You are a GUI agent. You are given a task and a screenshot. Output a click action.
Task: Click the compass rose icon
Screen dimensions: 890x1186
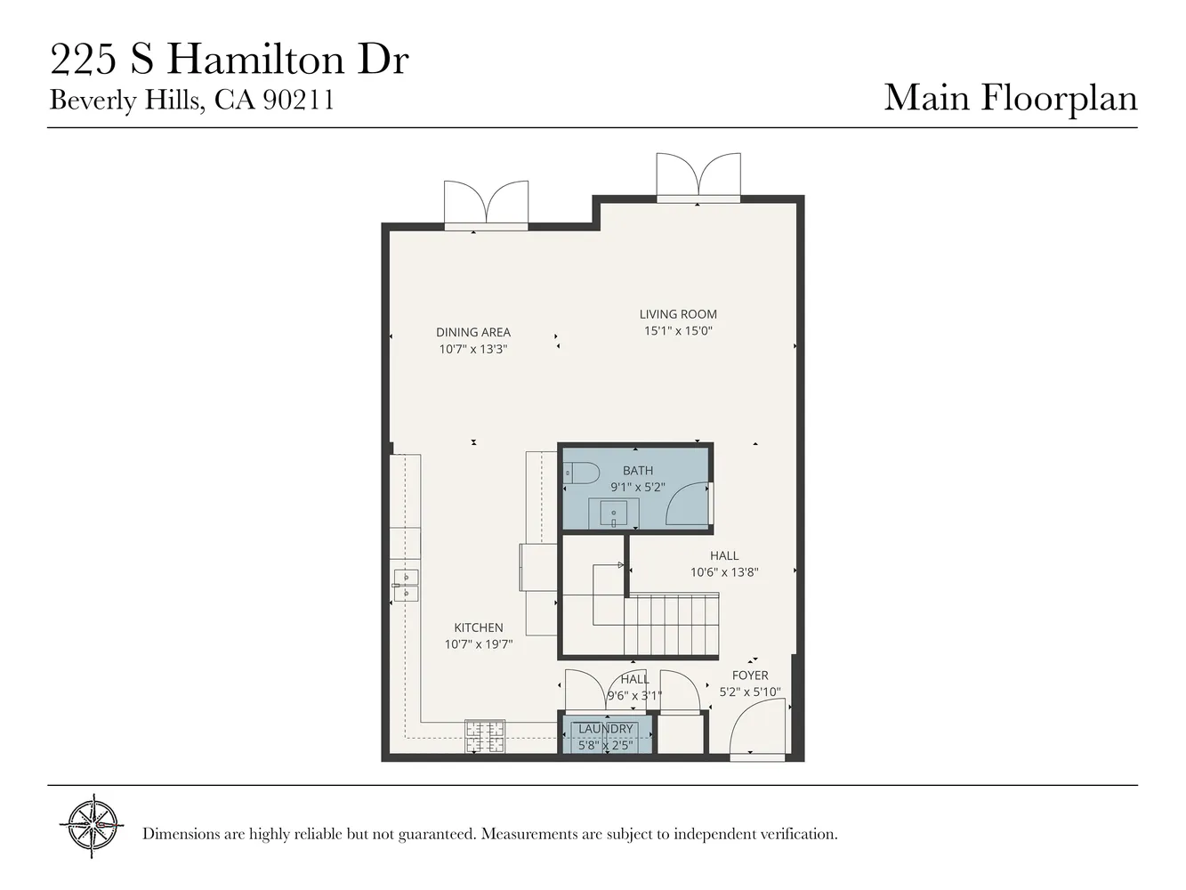point(92,826)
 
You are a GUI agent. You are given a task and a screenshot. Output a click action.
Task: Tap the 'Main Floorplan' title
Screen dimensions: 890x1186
point(1010,97)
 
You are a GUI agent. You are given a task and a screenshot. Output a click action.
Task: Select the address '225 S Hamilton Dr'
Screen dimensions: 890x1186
point(229,61)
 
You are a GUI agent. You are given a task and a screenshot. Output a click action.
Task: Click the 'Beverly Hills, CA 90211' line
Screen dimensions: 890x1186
point(191,100)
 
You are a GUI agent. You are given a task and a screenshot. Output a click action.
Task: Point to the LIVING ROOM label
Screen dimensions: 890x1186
point(678,314)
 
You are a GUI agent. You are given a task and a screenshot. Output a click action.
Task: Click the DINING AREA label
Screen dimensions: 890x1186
point(473,333)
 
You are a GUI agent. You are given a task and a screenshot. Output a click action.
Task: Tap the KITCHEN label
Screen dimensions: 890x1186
point(479,628)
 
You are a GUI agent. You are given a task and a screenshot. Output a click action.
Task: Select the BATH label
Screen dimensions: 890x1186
point(638,471)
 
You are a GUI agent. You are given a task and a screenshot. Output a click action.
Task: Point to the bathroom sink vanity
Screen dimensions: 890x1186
point(614,514)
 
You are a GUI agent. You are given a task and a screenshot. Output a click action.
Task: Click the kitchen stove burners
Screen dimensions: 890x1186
point(485,735)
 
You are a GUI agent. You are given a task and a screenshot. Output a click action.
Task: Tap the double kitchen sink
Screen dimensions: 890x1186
point(406,585)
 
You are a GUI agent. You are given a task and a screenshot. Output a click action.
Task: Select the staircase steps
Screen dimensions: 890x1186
point(672,625)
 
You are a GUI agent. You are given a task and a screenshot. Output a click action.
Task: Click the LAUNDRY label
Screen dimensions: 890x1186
point(606,729)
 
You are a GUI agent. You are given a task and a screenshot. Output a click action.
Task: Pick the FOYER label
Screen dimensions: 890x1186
point(750,676)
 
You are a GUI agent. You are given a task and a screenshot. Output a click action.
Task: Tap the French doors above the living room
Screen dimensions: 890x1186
point(698,174)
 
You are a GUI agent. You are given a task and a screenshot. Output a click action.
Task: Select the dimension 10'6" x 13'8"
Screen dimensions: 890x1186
point(724,572)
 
